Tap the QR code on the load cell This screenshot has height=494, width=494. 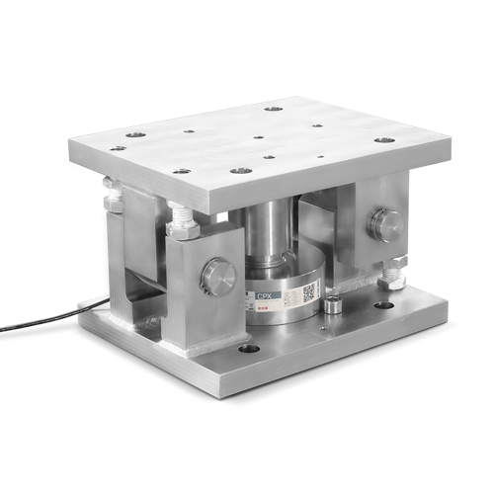[x=308, y=291]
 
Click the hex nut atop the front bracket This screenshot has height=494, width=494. [x=183, y=228]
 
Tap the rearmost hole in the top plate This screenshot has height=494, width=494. [x=274, y=110]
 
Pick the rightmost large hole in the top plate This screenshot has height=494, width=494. [x=384, y=139]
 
